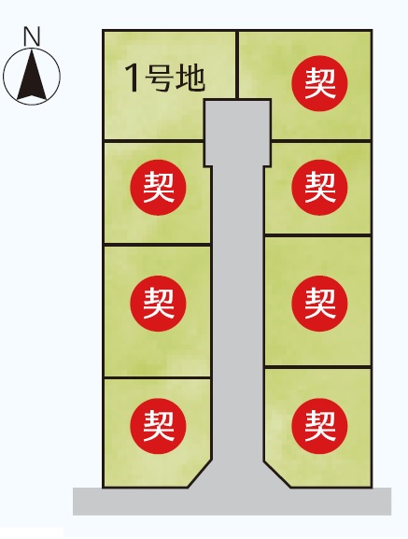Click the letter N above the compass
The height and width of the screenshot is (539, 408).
(32, 36)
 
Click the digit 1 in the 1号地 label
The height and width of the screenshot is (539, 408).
(133, 78)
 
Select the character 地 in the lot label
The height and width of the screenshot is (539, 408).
(190, 78)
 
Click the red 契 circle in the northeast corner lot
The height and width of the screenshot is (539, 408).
(319, 83)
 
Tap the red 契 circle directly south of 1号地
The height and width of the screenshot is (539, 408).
(158, 188)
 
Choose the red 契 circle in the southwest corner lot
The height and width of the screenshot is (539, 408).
(158, 426)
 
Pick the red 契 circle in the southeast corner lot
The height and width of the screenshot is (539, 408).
(319, 426)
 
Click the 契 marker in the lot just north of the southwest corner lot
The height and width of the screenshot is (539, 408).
(158, 304)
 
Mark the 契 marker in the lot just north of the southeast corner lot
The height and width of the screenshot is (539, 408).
(319, 304)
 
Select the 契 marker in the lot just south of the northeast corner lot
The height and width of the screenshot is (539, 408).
(319, 188)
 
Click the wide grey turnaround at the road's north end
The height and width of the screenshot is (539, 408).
(238, 133)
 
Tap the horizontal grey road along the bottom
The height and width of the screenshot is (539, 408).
(232, 502)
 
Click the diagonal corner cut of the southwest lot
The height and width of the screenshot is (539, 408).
(200, 474)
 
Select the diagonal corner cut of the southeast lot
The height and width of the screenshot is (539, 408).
(277, 474)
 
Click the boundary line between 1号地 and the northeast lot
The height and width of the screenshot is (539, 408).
(237, 65)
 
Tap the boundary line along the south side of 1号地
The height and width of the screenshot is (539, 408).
(153, 141)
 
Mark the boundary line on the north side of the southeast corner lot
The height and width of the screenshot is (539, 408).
(317, 367)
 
